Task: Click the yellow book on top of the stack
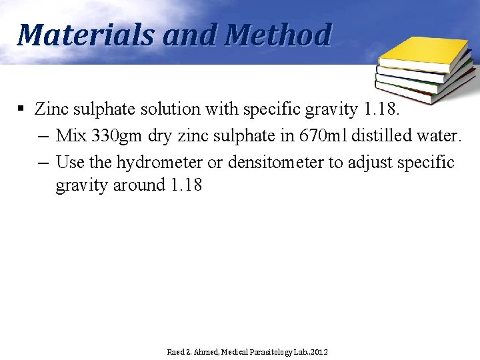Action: click(x=425, y=53)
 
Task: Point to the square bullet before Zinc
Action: click(x=22, y=108)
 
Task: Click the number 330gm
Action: click(x=117, y=135)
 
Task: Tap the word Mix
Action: click(x=70, y=135)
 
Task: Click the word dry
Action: click(x=159, y=136)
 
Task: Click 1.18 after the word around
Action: click(x=186, y=185)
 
